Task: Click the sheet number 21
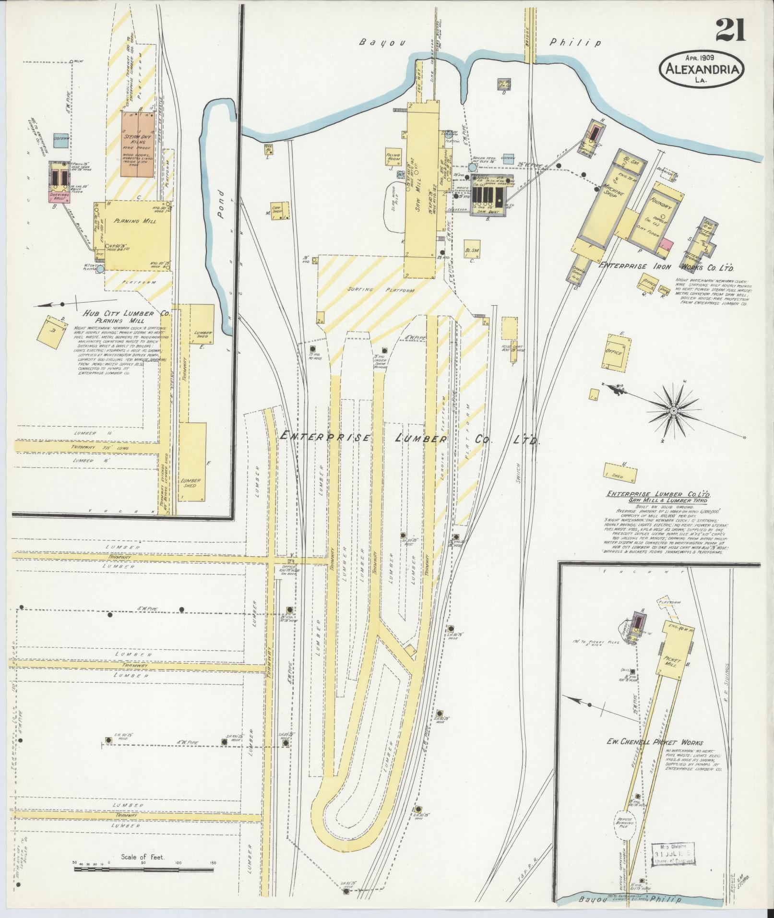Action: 731,30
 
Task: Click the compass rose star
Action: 674,411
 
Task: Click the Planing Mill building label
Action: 132,221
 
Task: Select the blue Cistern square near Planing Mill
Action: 61,140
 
